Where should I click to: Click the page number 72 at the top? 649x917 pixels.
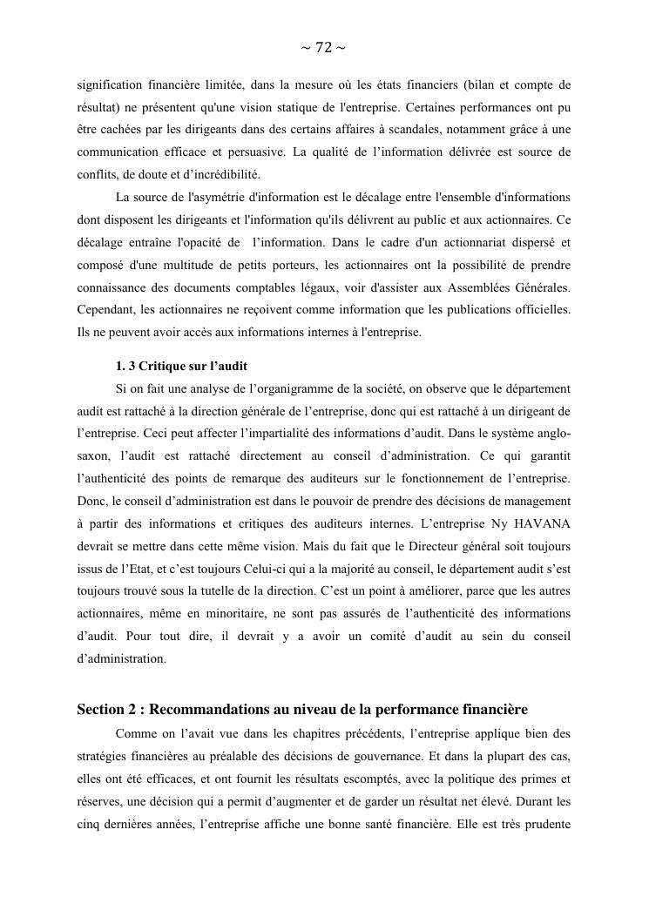point(323,48)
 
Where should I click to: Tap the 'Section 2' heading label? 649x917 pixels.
point(110,710)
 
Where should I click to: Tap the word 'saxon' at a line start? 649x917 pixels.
point(92,455)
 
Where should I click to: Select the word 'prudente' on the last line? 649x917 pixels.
point(544,824)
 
